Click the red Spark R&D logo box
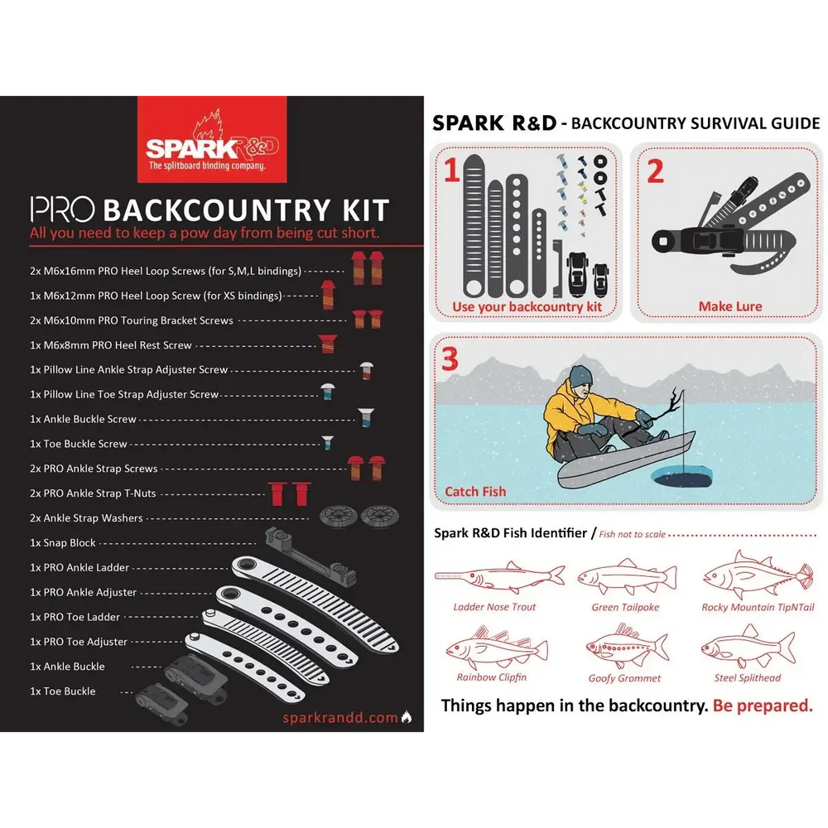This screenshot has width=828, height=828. point(211,137)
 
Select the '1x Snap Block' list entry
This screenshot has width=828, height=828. point(63,543)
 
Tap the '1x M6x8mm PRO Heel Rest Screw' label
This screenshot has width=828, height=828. point(110,345)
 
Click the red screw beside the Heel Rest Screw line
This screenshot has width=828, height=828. point(326,344)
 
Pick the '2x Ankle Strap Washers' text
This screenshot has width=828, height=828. point(86,518)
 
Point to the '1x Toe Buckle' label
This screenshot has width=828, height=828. point(63,691)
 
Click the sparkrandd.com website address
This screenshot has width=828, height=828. point(339,718)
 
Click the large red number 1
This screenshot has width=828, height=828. point(451,171)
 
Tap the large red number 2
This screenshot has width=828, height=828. point(655,171)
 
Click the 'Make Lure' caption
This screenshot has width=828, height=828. point(729,306)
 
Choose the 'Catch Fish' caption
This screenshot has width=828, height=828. point(475,492)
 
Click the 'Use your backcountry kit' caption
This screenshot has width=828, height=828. point(527,307)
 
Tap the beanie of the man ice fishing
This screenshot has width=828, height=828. point(581,376)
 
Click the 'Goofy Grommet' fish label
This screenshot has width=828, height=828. point(624,678)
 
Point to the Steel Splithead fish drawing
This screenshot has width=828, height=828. point(747,647)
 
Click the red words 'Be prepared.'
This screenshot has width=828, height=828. point(763,706)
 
